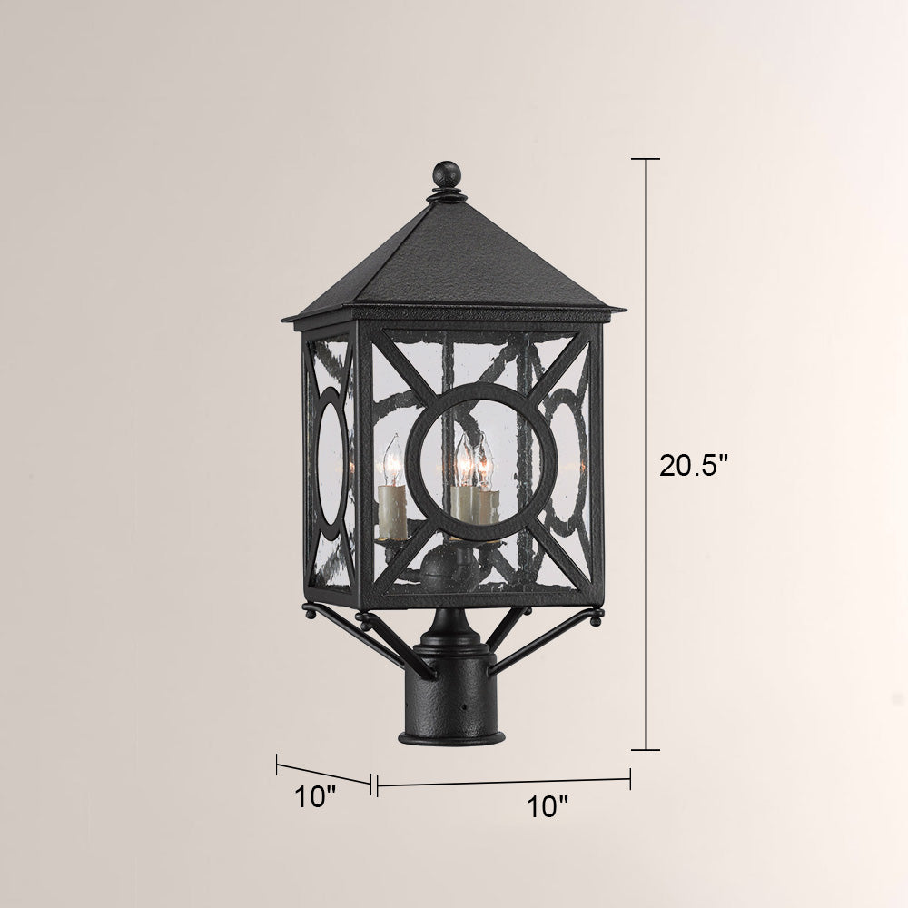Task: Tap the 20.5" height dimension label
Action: tap(693, 465)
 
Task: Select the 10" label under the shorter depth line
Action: tap(316, 797)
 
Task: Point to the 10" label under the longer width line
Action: tap(548, 806)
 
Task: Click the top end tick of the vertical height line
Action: tap(645, 158)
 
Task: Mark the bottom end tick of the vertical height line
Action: tap(645, 749)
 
